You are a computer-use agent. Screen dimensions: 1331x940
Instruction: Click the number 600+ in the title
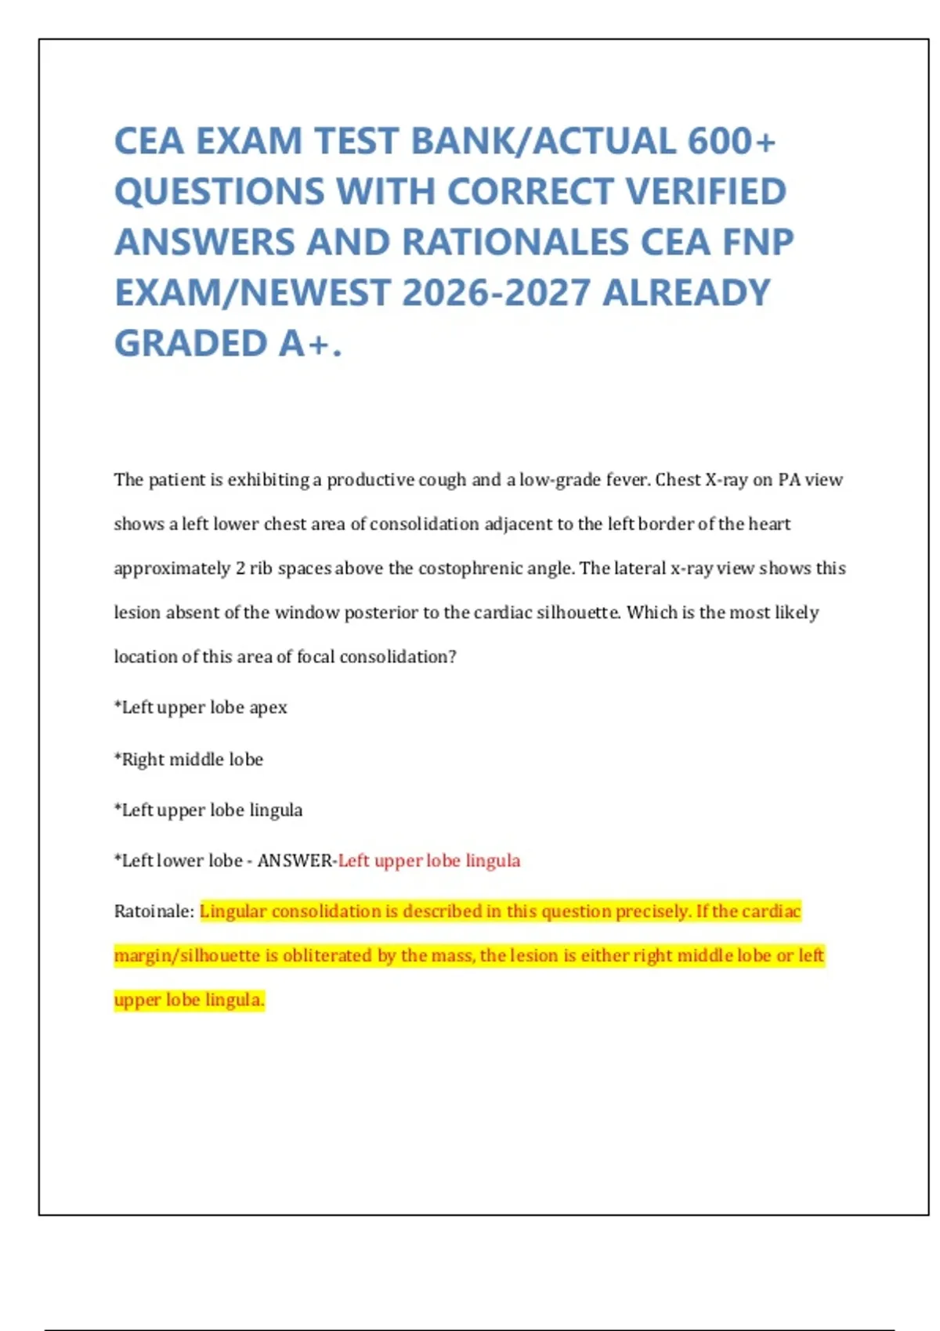pyautogui.click(x=732, y=142)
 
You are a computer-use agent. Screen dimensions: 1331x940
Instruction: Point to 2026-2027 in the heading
pyautogui.click(x=496, y=293)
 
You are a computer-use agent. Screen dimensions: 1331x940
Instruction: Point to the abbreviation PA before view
pyautogui.click(x=788, y=479)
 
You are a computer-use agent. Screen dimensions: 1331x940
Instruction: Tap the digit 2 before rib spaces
pyautogui.click(x=240, y=568)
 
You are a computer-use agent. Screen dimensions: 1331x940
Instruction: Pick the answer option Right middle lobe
pyautogui.click(x=192, y=759)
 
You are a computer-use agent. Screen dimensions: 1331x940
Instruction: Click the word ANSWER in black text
pyautogui.click(x=295, y=860)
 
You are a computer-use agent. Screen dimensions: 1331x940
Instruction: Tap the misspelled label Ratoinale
pyautogui.click(x=153, y=911)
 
